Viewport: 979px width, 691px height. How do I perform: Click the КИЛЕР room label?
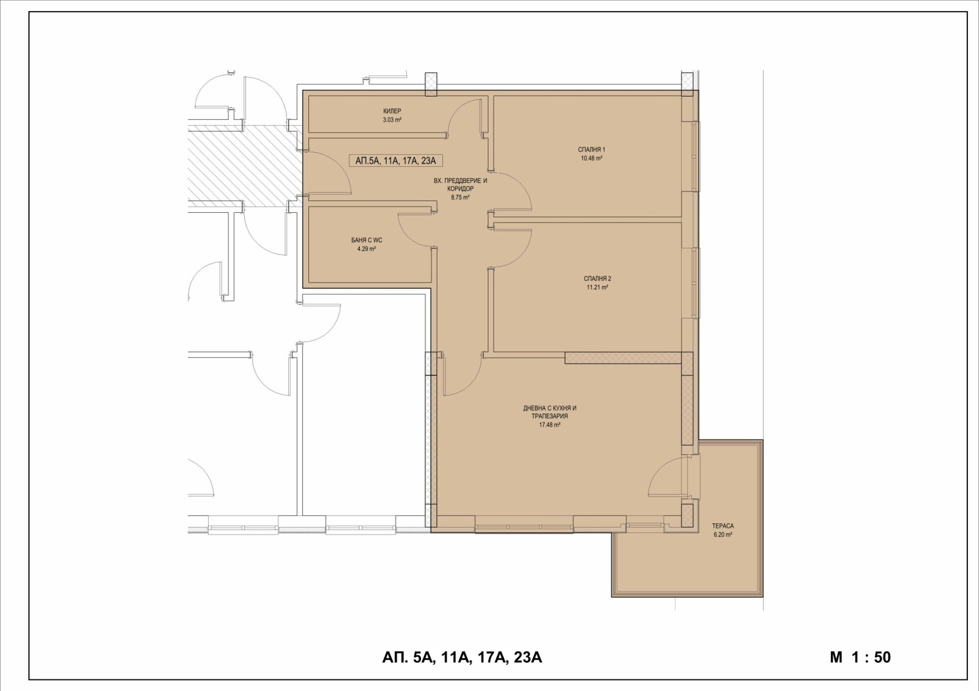pos(392,111)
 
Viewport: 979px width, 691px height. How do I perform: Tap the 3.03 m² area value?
pos(392,120)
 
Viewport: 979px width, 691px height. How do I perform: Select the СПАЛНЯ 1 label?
pos(591,150)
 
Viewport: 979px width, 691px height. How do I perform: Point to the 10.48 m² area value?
pos(591,158)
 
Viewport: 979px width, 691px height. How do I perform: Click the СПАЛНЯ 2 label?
pos(597,279)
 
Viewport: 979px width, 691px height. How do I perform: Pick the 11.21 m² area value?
pos(597,287)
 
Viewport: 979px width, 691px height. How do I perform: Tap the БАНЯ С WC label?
pos(367,240)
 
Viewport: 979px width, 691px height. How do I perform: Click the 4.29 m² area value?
pos(367,249)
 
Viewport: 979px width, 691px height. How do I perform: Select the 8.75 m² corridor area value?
pos(460,197)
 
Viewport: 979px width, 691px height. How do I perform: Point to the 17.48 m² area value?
pos(550,424)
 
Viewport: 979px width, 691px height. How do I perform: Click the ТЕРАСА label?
pos(723,526)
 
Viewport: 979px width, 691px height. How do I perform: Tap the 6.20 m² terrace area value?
pos(723,534)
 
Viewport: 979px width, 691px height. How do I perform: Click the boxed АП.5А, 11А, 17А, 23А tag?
pos(395,161)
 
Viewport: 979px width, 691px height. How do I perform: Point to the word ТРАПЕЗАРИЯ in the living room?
pos(550,416)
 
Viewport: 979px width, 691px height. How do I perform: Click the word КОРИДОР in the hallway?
pos(460,189)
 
